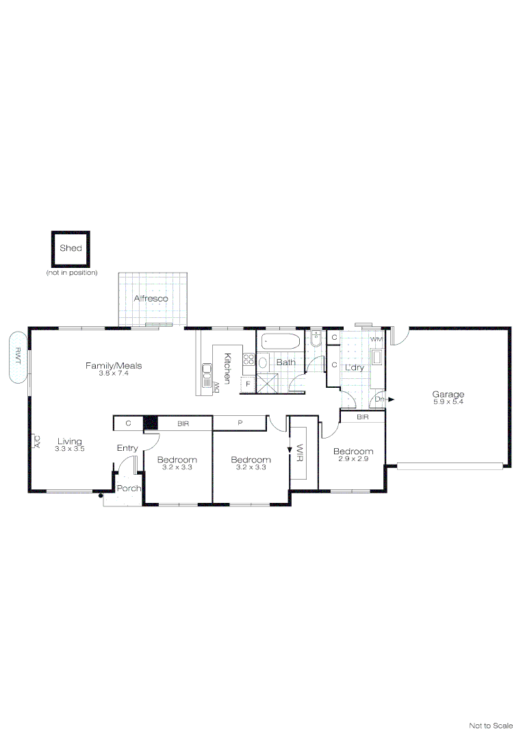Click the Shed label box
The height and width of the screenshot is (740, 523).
click(71, 249)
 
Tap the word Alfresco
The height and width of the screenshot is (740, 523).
click(151, 298)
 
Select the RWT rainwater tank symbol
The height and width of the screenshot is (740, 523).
click(18, 357)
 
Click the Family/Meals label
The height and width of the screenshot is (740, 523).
click(114, 365)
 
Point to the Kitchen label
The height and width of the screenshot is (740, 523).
click(227, 368)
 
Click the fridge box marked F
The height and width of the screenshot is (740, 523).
click(248, 384)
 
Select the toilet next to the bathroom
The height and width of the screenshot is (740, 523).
click(316, 339)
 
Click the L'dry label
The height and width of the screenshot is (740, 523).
click(354, 368)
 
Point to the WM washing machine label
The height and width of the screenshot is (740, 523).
click(377, 339)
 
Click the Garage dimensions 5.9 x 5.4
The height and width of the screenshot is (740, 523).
click(448, 402)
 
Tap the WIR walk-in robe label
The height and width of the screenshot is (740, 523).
click(299, 453)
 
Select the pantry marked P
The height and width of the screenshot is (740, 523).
click(240, 423)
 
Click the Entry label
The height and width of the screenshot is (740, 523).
click(127, 448)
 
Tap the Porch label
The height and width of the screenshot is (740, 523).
click(128, 489)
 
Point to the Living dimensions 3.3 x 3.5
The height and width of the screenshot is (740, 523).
click(70, 449)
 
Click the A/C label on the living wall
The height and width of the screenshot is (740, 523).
click(37, 442)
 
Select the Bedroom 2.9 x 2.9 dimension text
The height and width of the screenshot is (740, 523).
click(353, 458)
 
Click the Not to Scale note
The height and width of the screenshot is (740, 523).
click(491, 726)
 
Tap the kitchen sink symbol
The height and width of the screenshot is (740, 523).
click(207, 375)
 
